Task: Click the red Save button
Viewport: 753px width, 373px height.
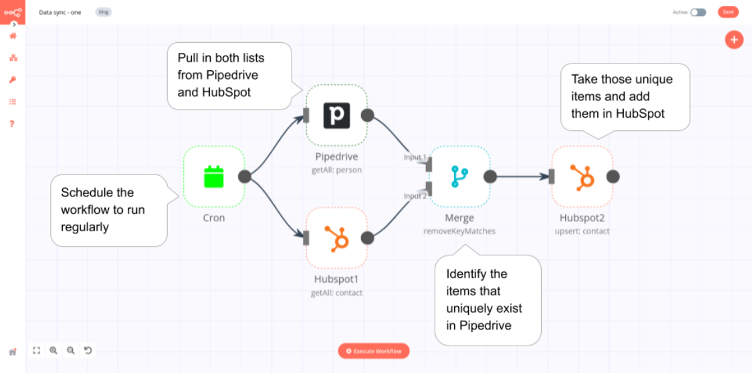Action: click(x=728, y=12)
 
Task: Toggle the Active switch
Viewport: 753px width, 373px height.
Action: click(x=698, y=12)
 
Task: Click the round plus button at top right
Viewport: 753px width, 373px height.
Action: click(x=734, y=39)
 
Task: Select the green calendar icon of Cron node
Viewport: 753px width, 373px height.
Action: click(x=214, y=176)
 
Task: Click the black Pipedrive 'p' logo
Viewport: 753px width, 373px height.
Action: click(x=336, y=115)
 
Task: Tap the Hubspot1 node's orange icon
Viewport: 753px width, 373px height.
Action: click(x=336, y=238)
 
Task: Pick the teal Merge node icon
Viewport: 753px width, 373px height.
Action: click(x=459, y=176)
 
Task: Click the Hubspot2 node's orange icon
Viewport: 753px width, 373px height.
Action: click(x=582, y=176)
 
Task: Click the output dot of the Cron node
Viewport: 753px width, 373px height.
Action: click(x=245, y=176)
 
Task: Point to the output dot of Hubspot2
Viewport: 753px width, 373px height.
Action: click(x=613, y=176)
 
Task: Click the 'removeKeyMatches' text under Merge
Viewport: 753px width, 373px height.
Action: click(x=459, y=231)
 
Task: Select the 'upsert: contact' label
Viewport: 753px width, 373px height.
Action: click(x=582, y=231)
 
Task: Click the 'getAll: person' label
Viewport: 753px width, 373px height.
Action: click(x=336, y=170)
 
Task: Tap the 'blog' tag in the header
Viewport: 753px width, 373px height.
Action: click(x=104, y=12)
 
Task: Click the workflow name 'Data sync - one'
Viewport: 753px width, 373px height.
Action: click(x=60, y=12)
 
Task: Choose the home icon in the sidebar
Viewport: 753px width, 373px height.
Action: click(x=13, y=36)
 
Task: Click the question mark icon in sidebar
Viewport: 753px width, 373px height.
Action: click(x=12, y=124)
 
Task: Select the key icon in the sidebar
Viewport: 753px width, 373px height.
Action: click(x=13, y=80)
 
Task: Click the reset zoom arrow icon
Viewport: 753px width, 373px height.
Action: click(x=88, y=350)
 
